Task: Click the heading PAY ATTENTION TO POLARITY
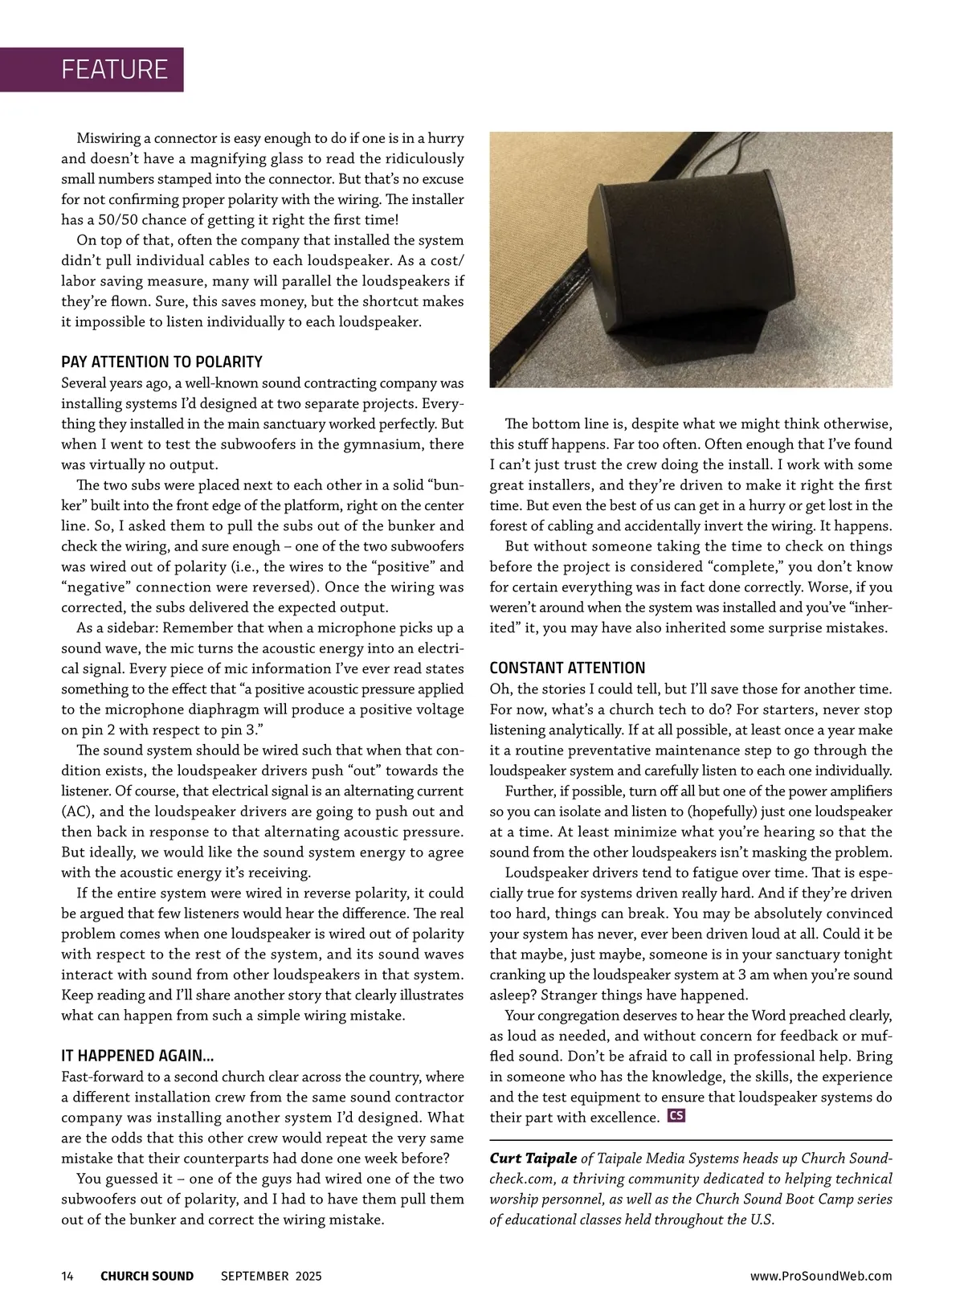click(x=161, y=362)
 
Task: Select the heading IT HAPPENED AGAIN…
click(x=137, y=1055)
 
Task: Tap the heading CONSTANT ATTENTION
click(x=567, y=668)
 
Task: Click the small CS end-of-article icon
click(x=676, y=1116)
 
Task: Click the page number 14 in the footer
click(x=67, y=1276)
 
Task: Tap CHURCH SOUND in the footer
click(x=147, y=1276)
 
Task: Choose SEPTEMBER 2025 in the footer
click(x=271, y=1276)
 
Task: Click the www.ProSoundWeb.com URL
click(x=821, y=1276)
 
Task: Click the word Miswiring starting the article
click(x=109, y=137)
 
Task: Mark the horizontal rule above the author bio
click(x=691, y=1140)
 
